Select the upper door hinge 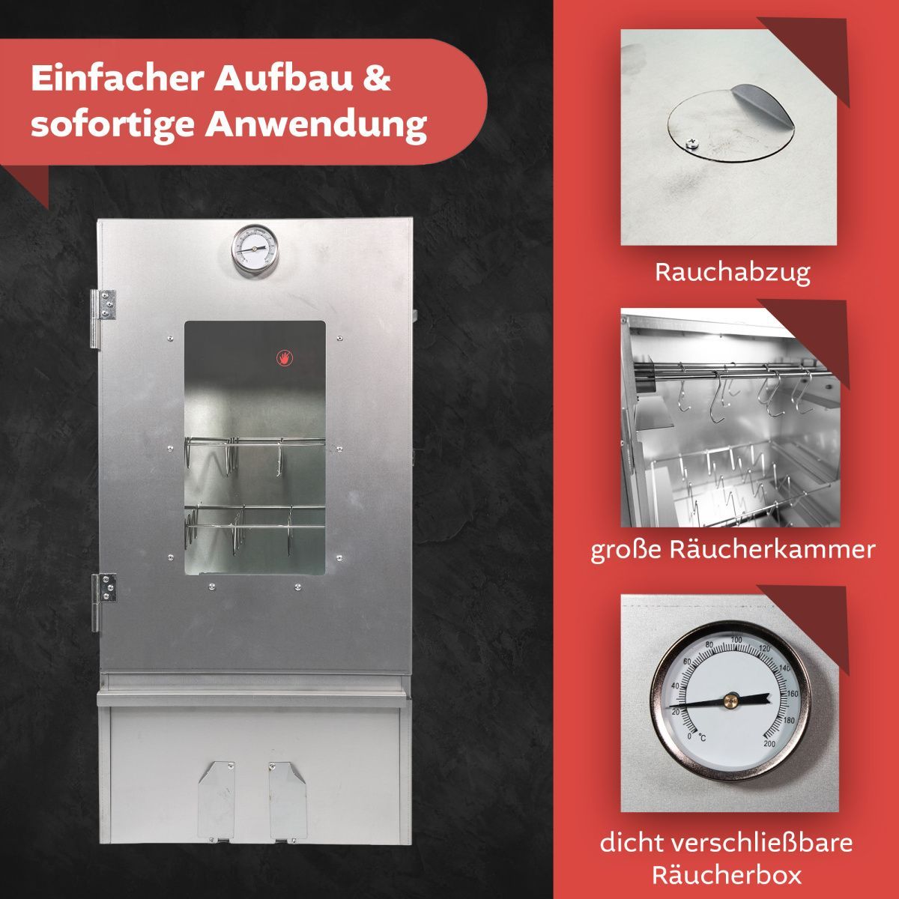(103, 319)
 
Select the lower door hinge (103, 602)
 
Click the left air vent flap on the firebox (217, 801)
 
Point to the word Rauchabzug (733, 273)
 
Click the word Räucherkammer (772, 550)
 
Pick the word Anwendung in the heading (316, 125)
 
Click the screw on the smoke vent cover (692, 145)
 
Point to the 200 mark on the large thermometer (769, 744)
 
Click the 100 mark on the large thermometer (736, 639)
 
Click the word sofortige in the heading (112, 126)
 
